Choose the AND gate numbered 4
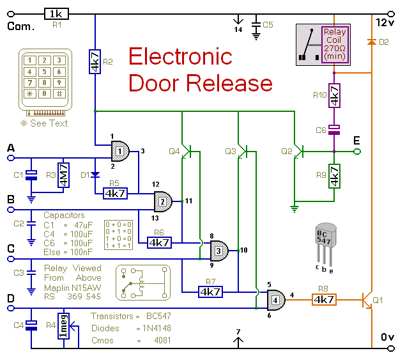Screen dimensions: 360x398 (275, 298)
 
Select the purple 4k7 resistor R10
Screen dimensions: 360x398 (335, 98)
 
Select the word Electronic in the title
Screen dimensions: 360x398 (180, 58)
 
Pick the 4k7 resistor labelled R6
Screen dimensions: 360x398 (159, 242)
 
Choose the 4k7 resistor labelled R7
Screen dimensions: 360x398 (210, 292)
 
